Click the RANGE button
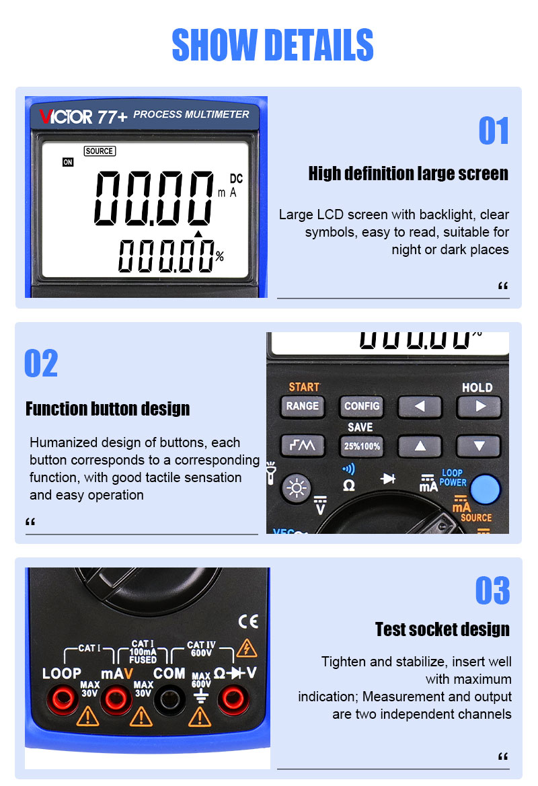303,406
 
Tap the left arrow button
420,407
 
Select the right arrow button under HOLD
479,407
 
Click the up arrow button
420,446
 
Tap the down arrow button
479,446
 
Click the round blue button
486,489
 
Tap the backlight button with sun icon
297,487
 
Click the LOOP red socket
62,700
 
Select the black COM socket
169,700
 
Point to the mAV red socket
116,700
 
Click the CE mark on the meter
248,621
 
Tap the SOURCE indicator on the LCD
100,151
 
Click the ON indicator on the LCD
68,162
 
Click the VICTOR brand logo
66,117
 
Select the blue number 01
494,131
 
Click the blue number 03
493,590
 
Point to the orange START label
304,387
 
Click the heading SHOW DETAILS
273,45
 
